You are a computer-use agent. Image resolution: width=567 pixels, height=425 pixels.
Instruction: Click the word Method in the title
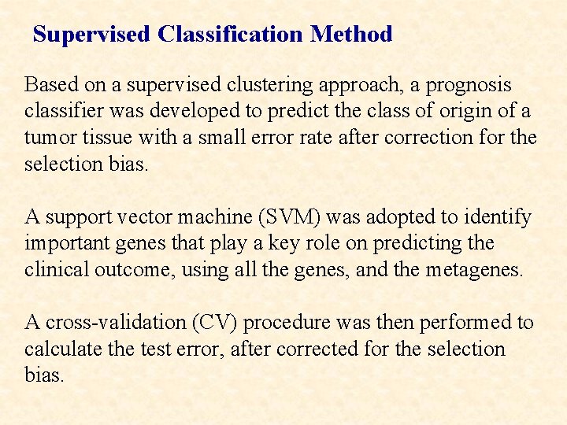pos(351,35)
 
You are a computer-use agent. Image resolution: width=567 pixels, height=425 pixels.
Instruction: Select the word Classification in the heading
pos(229,35)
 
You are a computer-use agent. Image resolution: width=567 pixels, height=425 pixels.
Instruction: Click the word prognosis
pos(467,84)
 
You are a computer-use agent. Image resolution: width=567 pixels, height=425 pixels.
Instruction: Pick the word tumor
pos(46,138)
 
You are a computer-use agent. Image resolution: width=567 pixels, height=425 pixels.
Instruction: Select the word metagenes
pos(470,270)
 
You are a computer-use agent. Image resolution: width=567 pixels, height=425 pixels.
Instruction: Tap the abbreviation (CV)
pos(212,322)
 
